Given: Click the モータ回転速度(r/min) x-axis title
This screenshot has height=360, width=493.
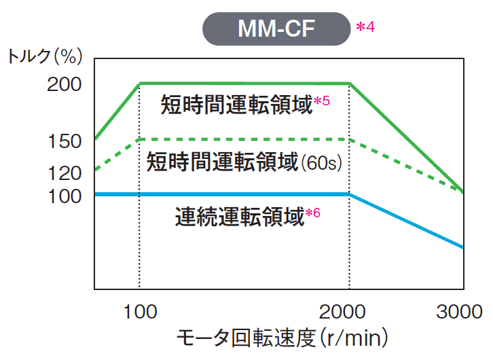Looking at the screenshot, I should [282, 338].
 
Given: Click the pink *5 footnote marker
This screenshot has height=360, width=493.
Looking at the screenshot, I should [322, 102].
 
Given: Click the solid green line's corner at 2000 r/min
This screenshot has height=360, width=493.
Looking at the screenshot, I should [349, 84].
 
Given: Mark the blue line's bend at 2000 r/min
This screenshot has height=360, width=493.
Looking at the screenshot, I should [349, 194].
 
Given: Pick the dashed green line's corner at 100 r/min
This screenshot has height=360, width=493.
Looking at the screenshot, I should [139, 139].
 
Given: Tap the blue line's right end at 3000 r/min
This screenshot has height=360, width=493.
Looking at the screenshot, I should [463, 247].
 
